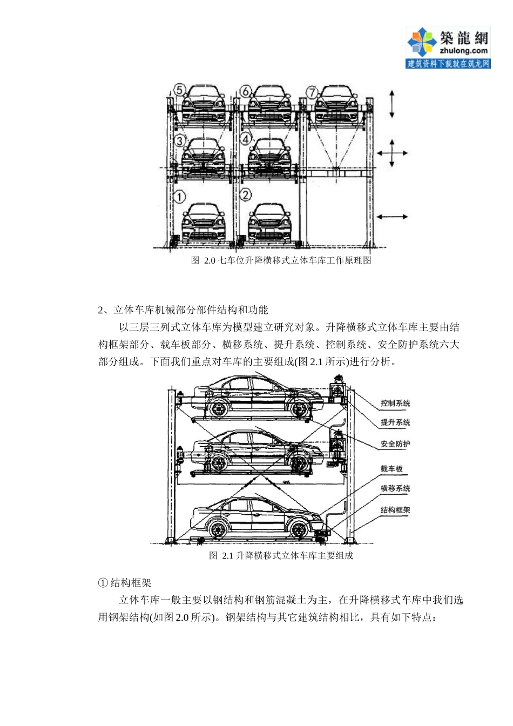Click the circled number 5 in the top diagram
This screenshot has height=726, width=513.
(179, 90)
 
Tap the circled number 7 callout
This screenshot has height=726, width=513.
(312, 92)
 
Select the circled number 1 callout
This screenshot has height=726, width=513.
(179, 197)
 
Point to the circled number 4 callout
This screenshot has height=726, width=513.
(246, 139)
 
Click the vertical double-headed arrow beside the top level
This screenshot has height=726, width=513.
(392, 104)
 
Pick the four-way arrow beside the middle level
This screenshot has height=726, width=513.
(392, 153)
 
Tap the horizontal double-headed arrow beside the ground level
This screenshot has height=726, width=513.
(392, 217)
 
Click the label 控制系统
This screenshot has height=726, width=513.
(395, 404)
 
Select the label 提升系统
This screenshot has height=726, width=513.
(395, 422)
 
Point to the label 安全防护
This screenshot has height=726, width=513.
(395, 444)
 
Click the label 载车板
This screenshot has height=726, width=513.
(391, 469)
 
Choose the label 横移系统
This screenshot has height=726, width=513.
(395, 488)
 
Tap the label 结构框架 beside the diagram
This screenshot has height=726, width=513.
(395, 510)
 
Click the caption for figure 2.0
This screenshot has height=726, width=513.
(281, 260)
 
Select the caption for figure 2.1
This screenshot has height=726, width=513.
(281, 555)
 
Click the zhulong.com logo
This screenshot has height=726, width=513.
(448, 48)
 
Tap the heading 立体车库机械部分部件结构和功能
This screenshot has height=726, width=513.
(184, 310)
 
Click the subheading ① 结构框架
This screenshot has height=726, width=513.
(125, 583)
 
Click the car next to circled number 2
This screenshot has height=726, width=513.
(269, 223)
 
